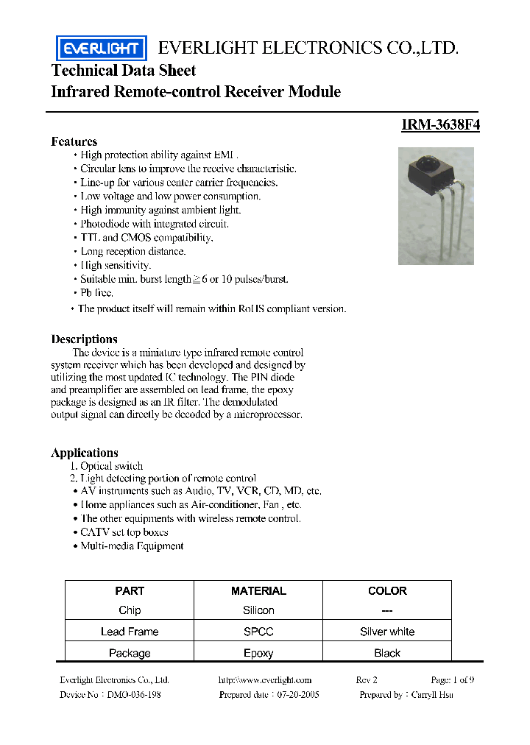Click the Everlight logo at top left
coord(102,49)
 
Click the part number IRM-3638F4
coord(440,125)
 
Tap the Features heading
coord(74,141)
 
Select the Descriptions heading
coord(84,339)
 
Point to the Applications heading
coord(84,453)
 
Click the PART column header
coord(130,590)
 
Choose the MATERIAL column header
coord(258,590)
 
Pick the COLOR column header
coord(387,590)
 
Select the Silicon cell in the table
coord(258,610)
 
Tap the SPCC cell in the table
coord(258,632)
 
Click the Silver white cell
coord(387,632)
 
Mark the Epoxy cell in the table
coord(258,653)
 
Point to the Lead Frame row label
coord(130,632)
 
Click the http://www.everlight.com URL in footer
coord(265,680)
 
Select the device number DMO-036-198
coord(133,694)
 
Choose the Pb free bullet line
coord(96,293)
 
